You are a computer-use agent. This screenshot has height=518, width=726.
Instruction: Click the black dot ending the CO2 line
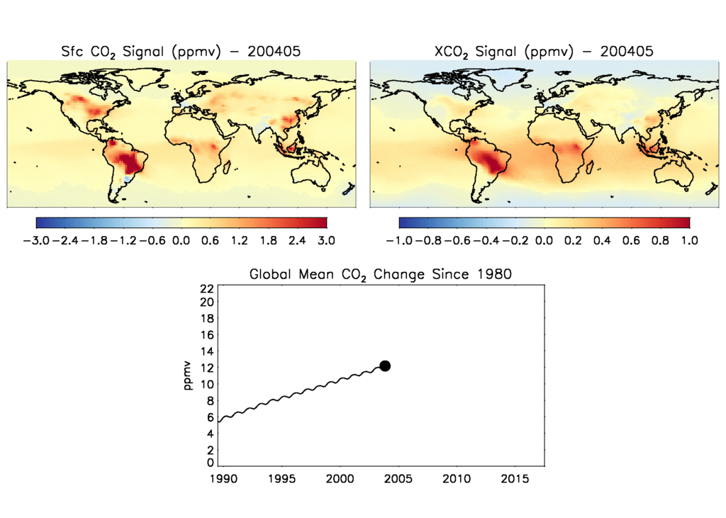click(385, 366)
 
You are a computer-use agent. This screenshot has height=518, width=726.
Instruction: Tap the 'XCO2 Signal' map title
click(542, 51)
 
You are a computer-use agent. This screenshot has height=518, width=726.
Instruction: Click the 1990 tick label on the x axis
click(220, 480)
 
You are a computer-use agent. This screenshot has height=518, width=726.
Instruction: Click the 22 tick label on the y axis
click(207, 288)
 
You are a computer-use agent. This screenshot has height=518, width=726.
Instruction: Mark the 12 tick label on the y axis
click(207, 368)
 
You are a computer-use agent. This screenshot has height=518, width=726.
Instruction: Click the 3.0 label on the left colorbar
click(326, 241)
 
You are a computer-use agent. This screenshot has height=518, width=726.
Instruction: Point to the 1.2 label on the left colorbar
click(239, 241)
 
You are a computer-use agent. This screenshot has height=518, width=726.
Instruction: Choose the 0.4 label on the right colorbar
click(603, 241)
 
